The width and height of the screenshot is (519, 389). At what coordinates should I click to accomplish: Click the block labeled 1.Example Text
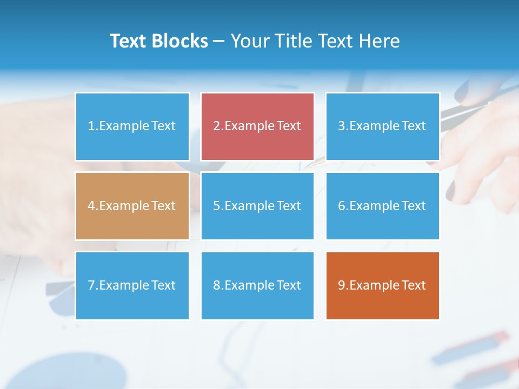(132, 126)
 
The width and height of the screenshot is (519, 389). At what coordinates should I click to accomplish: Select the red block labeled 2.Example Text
(257, 126)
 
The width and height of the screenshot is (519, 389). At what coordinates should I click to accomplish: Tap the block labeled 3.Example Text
(382, 126)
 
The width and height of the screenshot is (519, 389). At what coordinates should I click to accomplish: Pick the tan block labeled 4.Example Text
(132, 206)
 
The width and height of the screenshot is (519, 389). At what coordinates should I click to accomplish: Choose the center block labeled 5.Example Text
(257, 206)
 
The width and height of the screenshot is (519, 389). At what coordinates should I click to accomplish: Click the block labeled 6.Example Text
(382, 206)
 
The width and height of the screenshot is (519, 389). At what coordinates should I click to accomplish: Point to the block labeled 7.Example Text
(132, 285)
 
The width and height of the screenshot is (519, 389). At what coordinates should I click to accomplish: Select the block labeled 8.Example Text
(257, 285)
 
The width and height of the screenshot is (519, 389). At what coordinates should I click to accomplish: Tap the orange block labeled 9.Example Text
(382, 285)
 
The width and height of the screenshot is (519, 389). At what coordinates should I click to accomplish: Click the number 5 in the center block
(216, 206)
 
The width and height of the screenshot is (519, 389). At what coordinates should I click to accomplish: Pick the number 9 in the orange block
(342, 285)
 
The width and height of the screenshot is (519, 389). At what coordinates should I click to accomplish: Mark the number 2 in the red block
(216, 126)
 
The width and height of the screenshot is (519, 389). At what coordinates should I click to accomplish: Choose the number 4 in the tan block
(91, 206)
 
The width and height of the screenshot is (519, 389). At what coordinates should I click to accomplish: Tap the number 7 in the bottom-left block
(91, 285)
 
